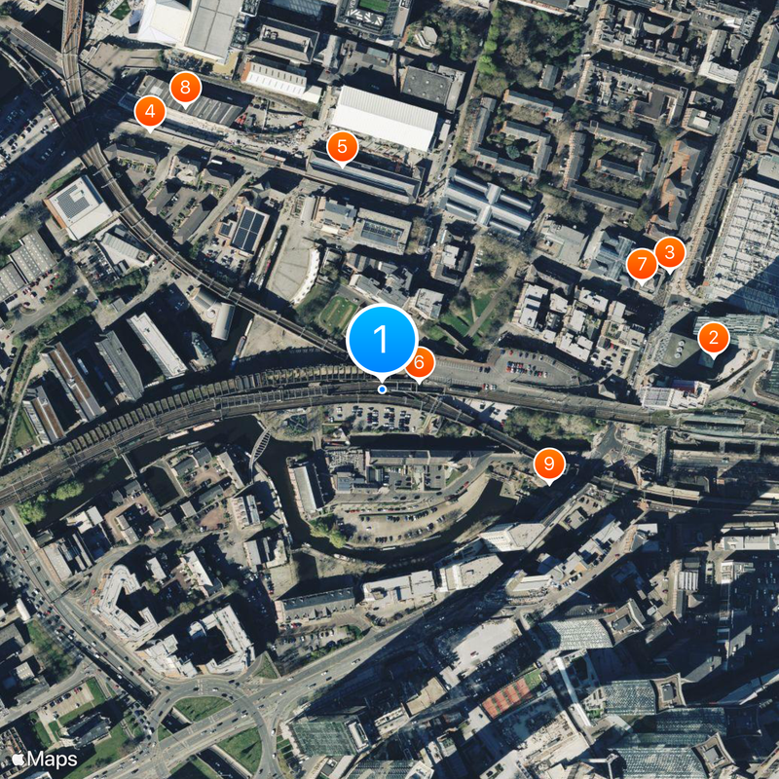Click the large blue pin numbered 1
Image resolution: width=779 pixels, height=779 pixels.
(381, 340)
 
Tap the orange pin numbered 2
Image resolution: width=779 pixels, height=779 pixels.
(714, 339)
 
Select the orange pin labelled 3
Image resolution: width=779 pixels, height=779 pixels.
(669, 252)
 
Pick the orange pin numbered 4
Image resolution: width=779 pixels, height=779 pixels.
(150, 113)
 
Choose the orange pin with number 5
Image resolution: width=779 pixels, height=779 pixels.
(342, 148)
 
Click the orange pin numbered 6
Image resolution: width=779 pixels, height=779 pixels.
(420, 363)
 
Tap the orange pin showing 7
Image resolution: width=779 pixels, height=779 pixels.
(642, 263)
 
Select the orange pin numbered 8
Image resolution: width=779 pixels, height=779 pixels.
(184, 88)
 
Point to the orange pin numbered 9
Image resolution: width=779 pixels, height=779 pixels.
(549, 464)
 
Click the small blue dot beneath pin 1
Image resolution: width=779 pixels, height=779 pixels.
(382, 389)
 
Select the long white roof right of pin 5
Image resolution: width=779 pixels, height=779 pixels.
(386, 118)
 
